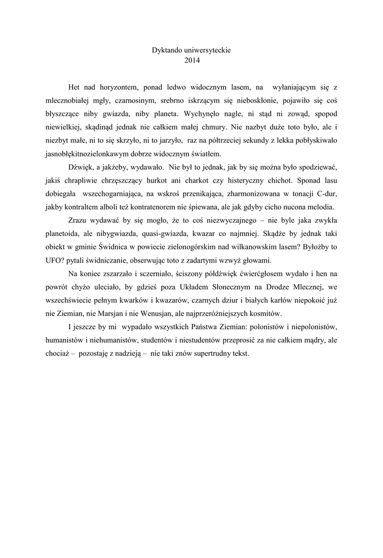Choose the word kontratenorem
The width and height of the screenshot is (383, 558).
click(176, 207)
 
